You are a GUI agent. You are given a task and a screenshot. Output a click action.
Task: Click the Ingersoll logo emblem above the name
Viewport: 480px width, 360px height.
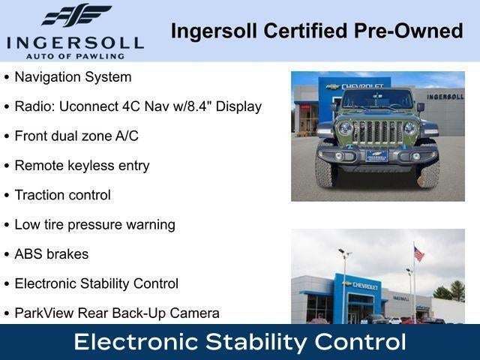click(x=76, y=16)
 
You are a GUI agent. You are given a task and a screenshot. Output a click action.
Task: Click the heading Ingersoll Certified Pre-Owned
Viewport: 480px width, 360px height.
click(x=316, y=31)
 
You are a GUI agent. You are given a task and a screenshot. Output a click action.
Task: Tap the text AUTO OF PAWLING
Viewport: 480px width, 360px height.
click(x=75, y=55)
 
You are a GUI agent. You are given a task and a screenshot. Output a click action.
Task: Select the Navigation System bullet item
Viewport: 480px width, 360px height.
click(x=73, y=77)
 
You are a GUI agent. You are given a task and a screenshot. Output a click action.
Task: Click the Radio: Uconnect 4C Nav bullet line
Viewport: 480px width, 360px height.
click(x=138, y=106)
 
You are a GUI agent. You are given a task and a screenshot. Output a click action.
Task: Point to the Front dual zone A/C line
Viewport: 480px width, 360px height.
click(x=76, y=136)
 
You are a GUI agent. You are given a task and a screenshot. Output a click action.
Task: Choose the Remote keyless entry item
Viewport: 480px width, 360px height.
click(x=82, y=166)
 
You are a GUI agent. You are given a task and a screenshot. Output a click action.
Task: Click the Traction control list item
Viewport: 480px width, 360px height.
click(x=62, y=195)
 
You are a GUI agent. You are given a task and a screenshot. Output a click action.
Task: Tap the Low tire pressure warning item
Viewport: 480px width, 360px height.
click(x=94, y=224)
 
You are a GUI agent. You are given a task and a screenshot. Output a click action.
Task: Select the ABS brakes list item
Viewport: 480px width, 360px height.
click(x=51, y=254)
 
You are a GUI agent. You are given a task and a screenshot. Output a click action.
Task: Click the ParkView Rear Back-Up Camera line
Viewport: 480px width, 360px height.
click(x=116, y=313)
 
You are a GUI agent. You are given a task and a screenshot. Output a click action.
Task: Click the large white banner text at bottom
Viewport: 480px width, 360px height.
click(x=240, y=343)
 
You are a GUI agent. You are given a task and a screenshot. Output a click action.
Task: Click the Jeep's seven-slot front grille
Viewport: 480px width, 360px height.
click(x=377, y=132)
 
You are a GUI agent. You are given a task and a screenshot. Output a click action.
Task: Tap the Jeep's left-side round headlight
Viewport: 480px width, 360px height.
click(x=346, y=128)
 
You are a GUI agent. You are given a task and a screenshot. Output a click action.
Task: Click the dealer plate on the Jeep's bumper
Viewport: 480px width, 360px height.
click(x=376, y=156)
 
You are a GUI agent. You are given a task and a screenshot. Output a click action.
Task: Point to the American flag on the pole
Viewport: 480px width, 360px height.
click(x=418, y=254)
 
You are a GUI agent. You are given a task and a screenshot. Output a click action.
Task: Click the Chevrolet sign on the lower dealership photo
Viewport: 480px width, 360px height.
click(x=362, y=286)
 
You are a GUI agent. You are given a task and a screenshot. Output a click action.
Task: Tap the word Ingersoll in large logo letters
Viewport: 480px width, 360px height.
click(x=75, y=41)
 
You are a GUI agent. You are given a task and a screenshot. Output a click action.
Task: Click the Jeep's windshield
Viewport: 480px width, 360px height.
click(x=377, y=99)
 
